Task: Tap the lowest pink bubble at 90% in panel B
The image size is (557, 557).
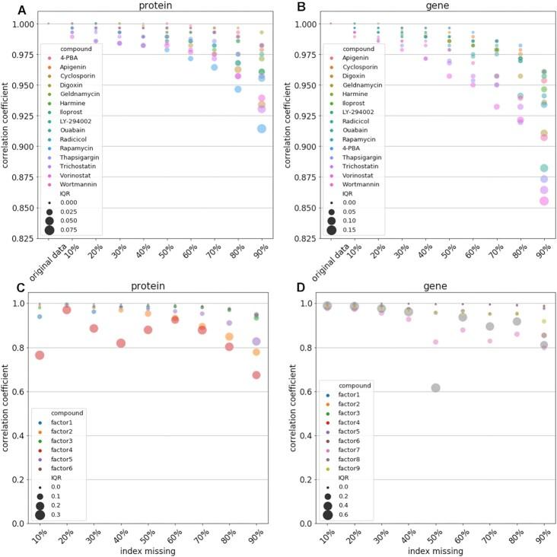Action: point(544,201)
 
